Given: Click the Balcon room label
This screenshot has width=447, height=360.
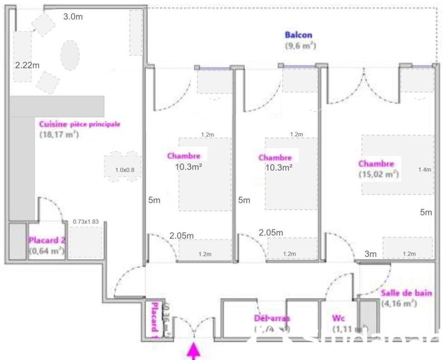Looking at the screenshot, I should [298, 35].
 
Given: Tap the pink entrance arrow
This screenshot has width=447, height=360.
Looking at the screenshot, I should [194, 351].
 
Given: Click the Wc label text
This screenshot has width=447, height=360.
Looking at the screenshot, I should [339, 319].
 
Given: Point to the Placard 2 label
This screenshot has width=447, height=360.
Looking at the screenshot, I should [47, 241].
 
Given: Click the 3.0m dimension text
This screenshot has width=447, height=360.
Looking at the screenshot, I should [73, 17].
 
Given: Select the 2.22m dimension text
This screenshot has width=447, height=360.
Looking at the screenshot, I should [27, 65].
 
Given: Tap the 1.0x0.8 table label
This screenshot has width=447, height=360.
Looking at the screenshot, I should [125, 170].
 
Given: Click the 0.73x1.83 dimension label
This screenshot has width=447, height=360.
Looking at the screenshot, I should [85, 222].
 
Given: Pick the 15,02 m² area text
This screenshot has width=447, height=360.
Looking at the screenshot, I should [379, 174].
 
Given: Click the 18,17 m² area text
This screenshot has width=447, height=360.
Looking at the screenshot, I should [58, 135].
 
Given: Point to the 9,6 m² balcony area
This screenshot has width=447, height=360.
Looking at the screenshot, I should [301, 46].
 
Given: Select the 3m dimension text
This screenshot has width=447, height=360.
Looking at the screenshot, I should [370, 255].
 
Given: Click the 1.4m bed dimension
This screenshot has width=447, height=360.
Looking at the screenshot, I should [425, 170].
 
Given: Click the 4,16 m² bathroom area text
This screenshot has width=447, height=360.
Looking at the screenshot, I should [400, 304].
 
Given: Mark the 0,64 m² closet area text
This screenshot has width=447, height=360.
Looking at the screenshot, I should [47, 251].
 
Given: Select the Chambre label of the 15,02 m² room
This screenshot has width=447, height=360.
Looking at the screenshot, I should [377, 164].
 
